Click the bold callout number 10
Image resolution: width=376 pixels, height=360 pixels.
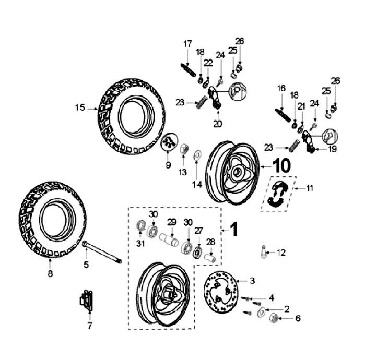click(x=282, y=166)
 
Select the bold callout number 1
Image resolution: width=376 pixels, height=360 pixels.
click(x=234, y=229)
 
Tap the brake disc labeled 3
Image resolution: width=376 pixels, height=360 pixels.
click(x=221, y=292)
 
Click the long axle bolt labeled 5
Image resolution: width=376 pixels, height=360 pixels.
click(x=102, y=252)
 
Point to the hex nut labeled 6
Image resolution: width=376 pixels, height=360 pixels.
click(x=274, y=318)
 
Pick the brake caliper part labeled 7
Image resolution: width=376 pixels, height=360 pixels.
click(x=86, y=301)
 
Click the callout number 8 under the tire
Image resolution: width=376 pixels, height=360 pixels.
click(x=50, y=273)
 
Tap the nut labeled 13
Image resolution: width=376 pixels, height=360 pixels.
click(x=183, y=149)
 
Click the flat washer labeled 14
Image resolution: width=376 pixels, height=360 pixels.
click(x=197, y=155)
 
